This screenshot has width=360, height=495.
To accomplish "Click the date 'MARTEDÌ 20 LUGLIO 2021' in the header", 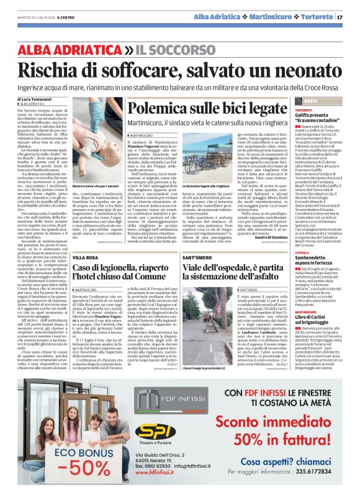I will pyautogui.click(x=35, y=17).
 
